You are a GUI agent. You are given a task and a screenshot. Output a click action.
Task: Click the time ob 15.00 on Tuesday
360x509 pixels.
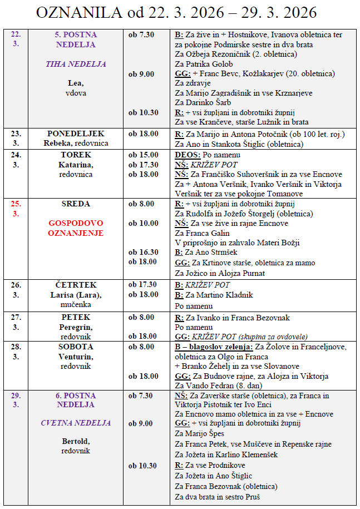pyautogui.click(x=143, y=154)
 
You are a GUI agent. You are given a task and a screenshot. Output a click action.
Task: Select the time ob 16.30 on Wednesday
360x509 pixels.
pyautogui.click(x=143, y=252)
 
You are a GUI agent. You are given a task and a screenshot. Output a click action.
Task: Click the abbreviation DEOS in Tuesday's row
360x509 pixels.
pyautogui.click(x=185, y=154)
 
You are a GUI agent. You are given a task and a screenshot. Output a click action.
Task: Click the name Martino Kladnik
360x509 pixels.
pyautogui.click(x=220, y=295)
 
